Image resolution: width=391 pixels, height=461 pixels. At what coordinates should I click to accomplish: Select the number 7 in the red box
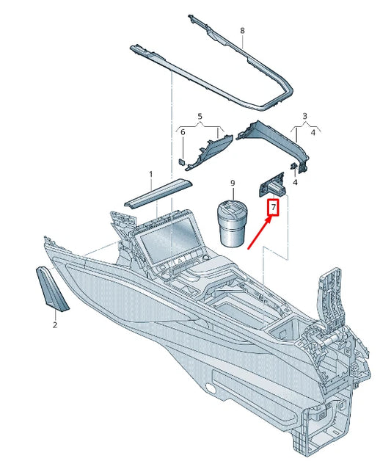click(274, 209)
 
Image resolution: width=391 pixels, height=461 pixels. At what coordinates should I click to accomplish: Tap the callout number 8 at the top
click(243, 31)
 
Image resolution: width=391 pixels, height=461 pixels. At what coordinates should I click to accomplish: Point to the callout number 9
click(232, 182)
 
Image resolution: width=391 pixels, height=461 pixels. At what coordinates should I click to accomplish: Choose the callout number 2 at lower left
click(54, 323)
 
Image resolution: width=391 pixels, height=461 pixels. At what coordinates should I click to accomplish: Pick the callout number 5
click(198, 116)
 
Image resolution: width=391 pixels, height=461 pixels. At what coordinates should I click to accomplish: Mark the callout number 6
click(183, 132)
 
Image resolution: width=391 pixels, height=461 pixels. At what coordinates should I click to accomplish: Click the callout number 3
click(304, 116)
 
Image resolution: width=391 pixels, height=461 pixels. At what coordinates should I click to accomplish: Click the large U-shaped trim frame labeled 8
click(220, 73)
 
